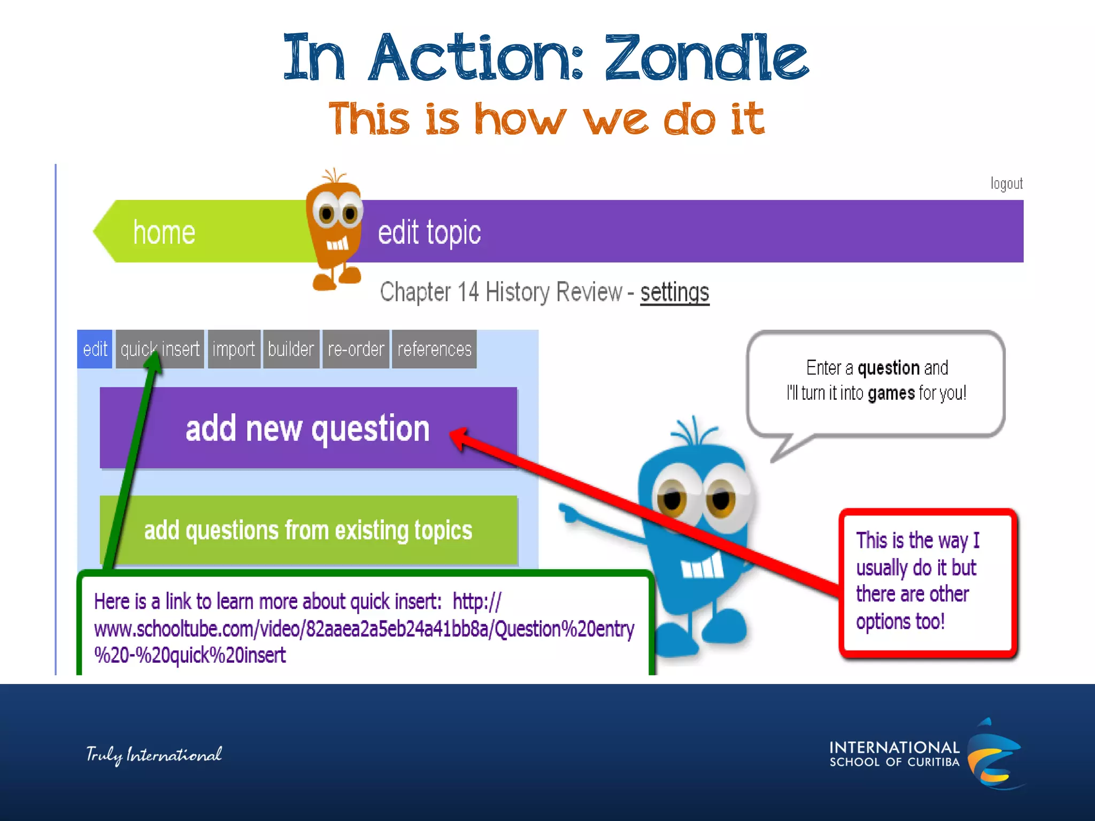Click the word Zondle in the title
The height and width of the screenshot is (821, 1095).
click(706, 58)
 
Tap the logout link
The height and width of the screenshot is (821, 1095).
click(1006, 184)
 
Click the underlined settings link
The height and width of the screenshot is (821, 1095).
click(675, 292)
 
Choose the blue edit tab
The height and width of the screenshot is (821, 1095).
click(95, 349)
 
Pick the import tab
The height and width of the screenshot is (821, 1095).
click(234, 349)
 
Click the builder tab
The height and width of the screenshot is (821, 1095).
click(291, 349)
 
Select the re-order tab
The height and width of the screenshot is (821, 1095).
click(356, 349)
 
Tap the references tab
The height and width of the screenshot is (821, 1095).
click(434, 349)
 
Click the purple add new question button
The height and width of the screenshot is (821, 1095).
click(308, 428)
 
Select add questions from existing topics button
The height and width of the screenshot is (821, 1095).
click(308, 530)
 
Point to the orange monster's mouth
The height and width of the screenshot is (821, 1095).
click(337, 245)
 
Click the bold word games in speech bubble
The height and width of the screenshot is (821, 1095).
click(891, 393)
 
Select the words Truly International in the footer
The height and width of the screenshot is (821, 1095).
click(154, 755)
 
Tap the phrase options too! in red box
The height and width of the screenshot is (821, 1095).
click(900, 622)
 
